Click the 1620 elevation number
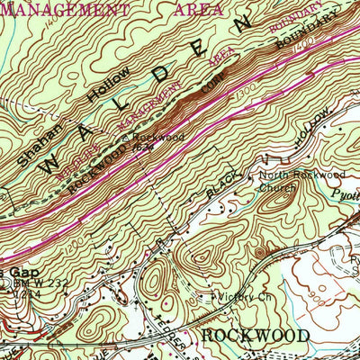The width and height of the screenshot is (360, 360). pos(142,146)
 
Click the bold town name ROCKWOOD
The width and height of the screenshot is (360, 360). pos(256,335)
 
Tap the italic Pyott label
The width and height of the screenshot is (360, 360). pos(344,193)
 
